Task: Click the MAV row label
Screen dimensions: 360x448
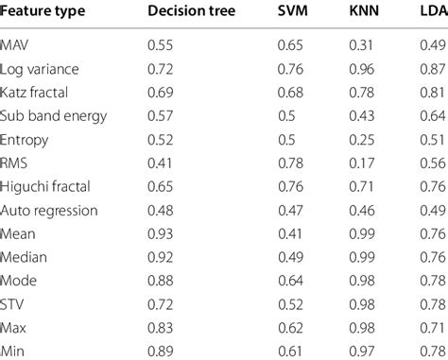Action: pyautogui.click(x=16, y=45)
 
